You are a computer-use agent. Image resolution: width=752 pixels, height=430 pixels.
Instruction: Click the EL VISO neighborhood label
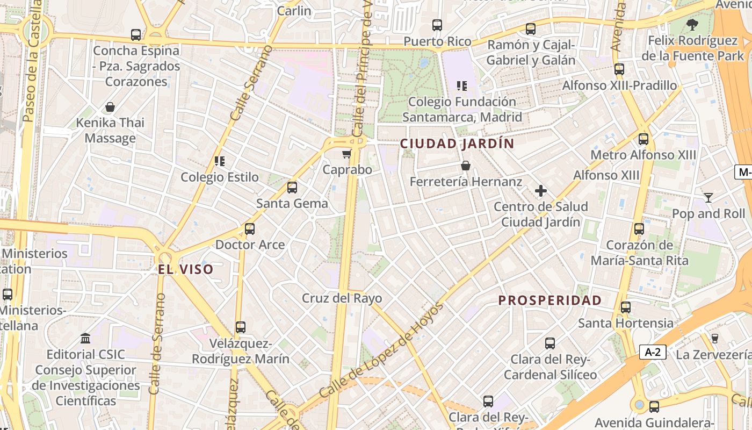[186, 269]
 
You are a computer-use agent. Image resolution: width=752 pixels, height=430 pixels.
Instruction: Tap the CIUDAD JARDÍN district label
[457, 144]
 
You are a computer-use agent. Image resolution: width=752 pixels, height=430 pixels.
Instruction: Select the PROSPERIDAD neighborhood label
[549, 300]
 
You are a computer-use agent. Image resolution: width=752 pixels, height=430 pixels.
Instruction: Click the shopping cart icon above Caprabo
[346, 154]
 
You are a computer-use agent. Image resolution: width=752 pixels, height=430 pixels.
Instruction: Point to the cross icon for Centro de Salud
[541, 191]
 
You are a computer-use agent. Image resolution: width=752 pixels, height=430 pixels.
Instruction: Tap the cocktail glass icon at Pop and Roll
[708, 198]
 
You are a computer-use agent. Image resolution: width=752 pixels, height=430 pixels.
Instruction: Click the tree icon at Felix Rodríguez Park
[692, 24]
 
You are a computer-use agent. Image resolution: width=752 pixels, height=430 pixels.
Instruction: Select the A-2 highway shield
[653, 353]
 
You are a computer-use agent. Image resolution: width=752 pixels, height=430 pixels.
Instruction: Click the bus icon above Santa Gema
[292, 188]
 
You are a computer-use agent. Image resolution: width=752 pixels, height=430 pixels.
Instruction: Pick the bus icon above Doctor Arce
[250, 229]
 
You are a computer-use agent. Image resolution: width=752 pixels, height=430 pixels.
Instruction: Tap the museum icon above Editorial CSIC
[85, 339]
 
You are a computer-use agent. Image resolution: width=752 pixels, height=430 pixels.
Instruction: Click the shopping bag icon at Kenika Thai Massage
[110, 107]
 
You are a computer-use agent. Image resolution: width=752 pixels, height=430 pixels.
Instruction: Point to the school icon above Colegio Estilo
[219, 161]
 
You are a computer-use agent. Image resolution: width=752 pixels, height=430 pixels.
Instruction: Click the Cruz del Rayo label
[342, 298]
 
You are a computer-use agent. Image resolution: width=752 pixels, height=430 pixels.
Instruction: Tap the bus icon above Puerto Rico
[437, 25]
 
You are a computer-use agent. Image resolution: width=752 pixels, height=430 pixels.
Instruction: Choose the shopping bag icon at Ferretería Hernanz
[466, 166]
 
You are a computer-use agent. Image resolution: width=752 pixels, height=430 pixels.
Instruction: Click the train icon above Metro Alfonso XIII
[643, 139]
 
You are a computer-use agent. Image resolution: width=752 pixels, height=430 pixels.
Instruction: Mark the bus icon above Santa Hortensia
[626, 307]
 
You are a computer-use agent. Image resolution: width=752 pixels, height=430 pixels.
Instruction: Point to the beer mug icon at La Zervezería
[714, 338]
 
